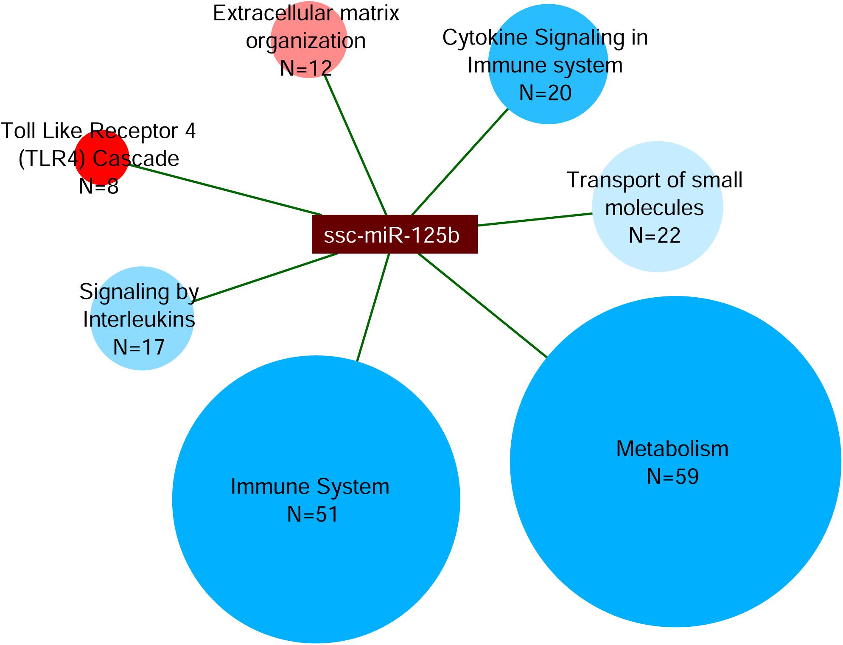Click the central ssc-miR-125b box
coord(395,235)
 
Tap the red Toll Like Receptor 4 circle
coord(102,157)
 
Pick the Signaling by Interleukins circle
coord(142,318)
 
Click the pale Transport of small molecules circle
coord(657,207)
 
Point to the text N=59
coord(672,477)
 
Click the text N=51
coord(313,514)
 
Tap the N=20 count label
coord(545,93)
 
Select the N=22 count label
coord(654,235)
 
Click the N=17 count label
coord(139,347)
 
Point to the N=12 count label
coord(306,68)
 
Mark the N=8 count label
coord(98,186)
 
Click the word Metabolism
coord(672,449)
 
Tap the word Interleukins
coord(139,319)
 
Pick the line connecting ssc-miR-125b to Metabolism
coord(482,305)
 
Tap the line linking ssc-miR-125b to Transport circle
coord(535,219)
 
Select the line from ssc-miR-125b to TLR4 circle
coord(225,190)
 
